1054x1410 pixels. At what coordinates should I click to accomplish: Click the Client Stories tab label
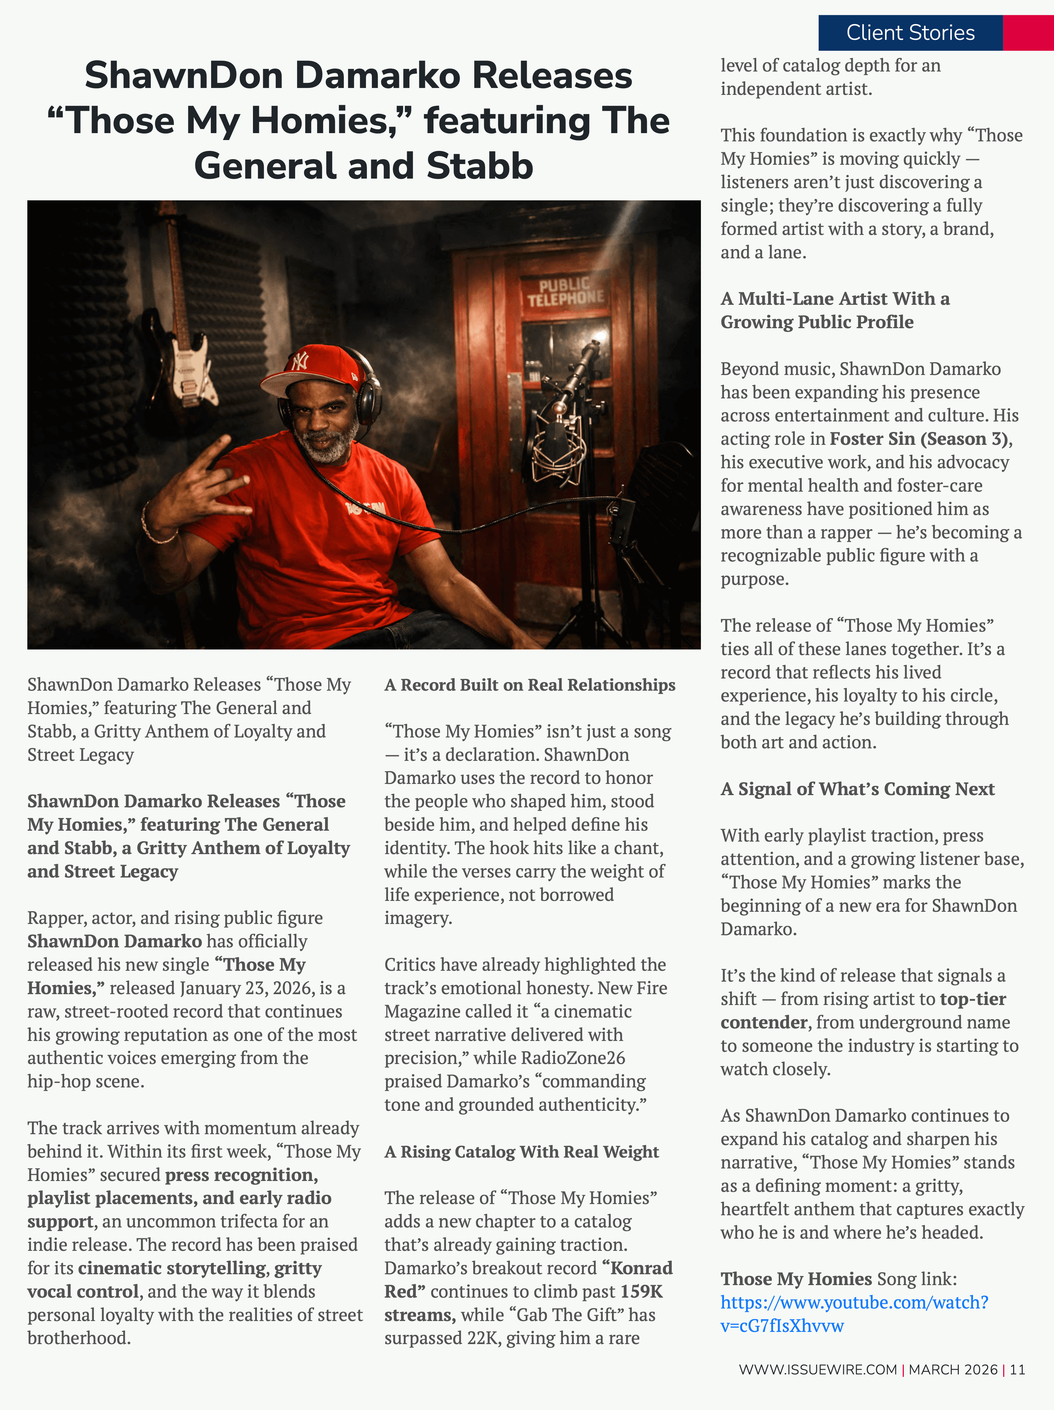tap(910, 33)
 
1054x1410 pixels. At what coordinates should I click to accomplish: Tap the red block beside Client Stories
tap(1028, 33)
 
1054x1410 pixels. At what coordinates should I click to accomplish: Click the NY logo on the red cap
tap(299, 361)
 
